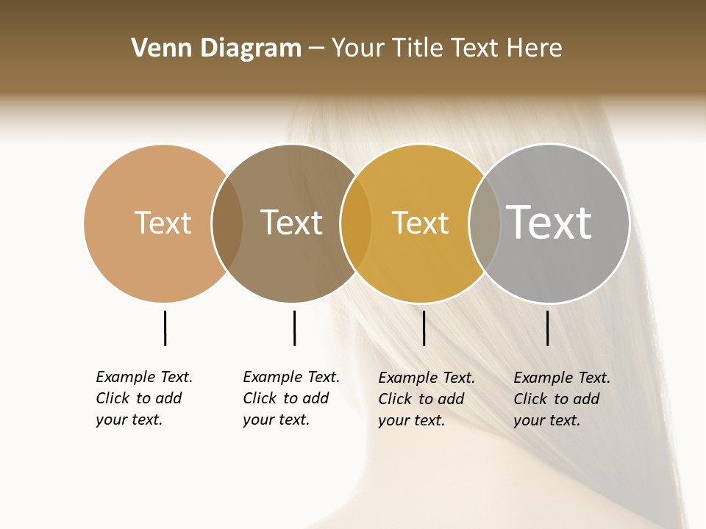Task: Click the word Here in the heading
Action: coord(535,48)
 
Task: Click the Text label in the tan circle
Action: coord(163,223)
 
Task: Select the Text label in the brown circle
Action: coord(291,223)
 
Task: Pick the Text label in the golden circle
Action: coord(420,223)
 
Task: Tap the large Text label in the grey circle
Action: coord(549,222)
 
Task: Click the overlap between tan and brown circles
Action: coord(227,223)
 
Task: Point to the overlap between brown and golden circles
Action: coord(356,223)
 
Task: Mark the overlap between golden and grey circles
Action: coord(484,223)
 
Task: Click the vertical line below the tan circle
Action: coord(165,328)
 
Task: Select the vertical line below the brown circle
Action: coord(294,328)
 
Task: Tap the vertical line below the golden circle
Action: coord(424,328)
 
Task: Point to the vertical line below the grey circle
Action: coord(547,328)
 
